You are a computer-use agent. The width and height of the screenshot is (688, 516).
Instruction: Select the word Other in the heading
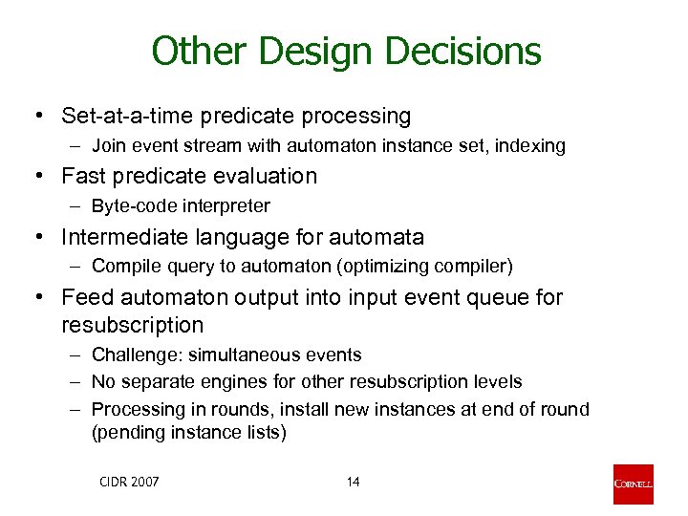[x=194, y=52]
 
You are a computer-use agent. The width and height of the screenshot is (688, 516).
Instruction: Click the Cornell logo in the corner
[x=634, y=484]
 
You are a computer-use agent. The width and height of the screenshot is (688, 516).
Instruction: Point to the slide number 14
[x=353, y=482]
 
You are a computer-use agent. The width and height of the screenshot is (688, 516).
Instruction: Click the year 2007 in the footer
[x=143, y=482]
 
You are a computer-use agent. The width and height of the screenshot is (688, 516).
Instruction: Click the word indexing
[x=532, y=146]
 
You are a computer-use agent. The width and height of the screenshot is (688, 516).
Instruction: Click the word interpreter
[x=223, y=205]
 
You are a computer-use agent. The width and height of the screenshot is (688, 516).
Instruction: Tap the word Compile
[x=122, y=265]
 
